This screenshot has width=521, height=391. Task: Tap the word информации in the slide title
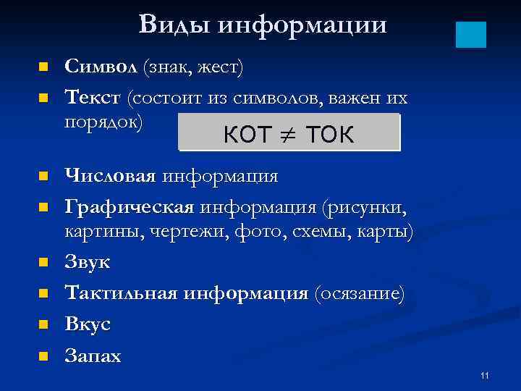302,26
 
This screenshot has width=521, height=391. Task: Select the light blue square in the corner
471,34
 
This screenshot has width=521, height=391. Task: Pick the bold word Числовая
109,176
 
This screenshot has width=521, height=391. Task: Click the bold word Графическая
129,209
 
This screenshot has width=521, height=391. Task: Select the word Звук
88,262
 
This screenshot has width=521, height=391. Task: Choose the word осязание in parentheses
359,294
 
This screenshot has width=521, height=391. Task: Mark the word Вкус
88,324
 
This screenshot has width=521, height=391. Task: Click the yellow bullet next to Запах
43,356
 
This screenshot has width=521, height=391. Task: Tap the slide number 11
484,375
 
